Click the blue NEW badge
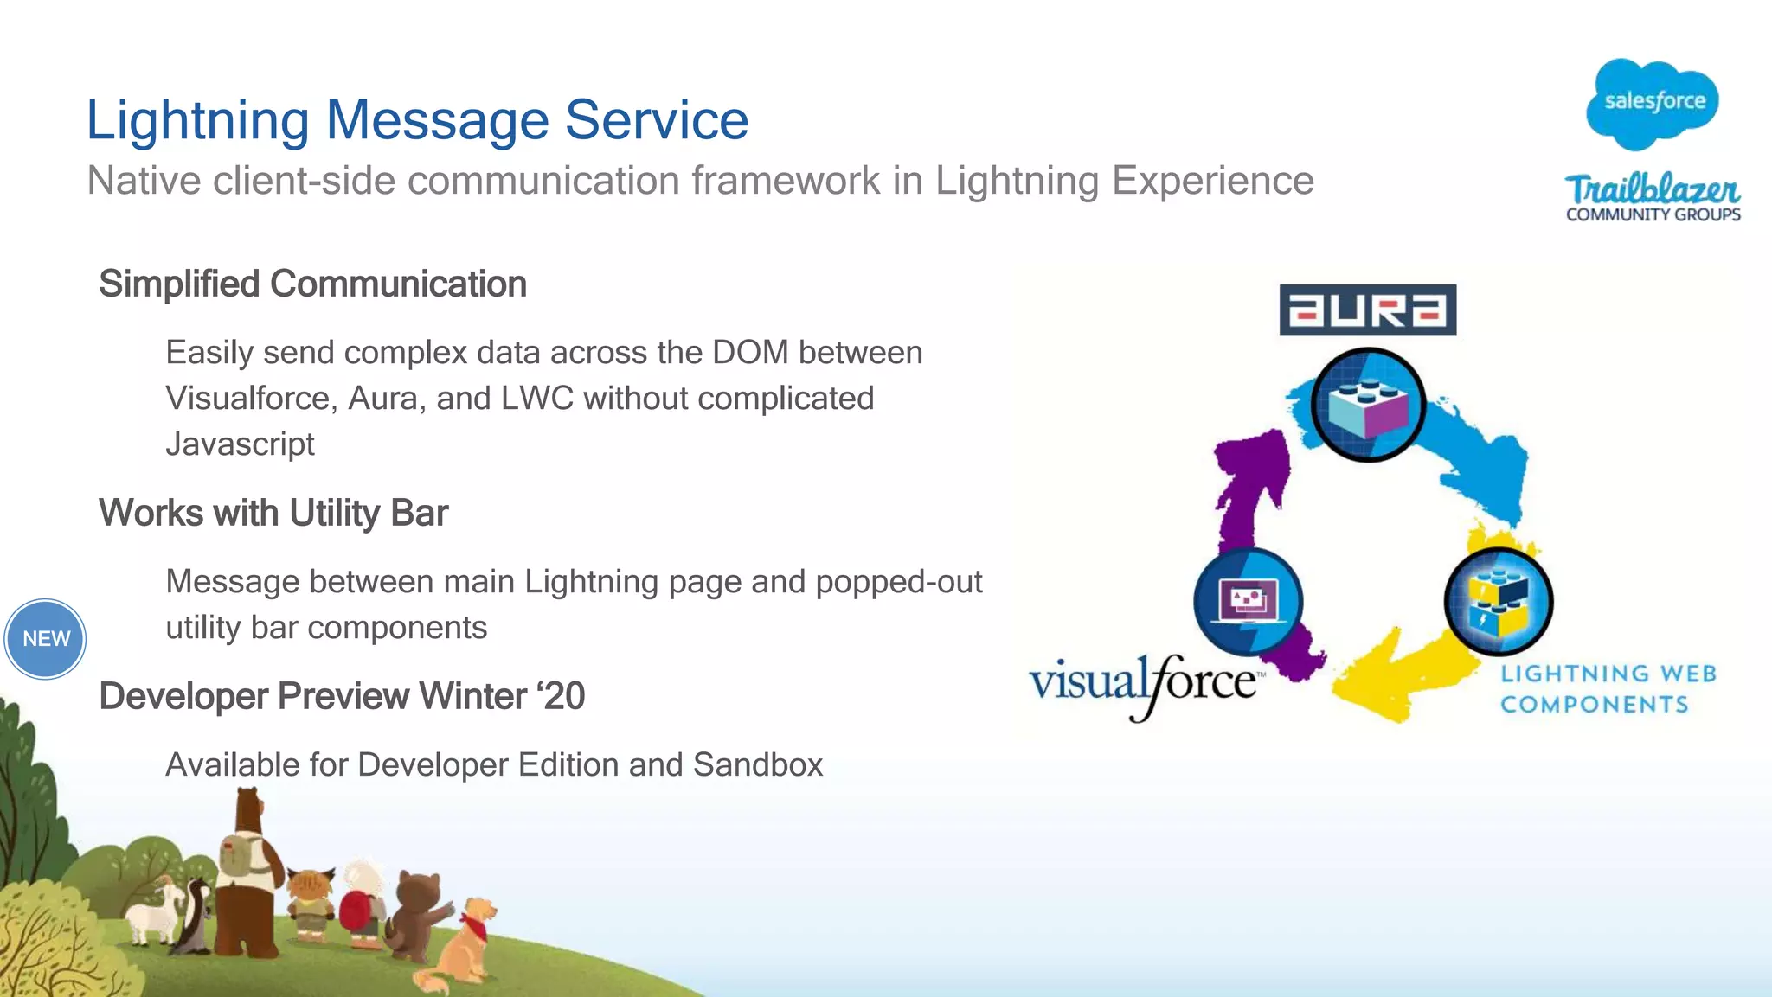(x=46, y=639)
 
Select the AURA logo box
(x=1367, y=310)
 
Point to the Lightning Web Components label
(x=1607, y=688)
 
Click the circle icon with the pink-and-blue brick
(x=1367, y=405)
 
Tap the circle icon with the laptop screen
(x=1247, y=601)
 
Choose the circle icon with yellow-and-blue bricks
(x=1498, y=601)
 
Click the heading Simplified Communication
(x=312, y=284)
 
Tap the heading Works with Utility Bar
(x=273, y=514)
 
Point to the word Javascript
(x=240, y=444)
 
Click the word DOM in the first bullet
(x=749, y=353)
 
